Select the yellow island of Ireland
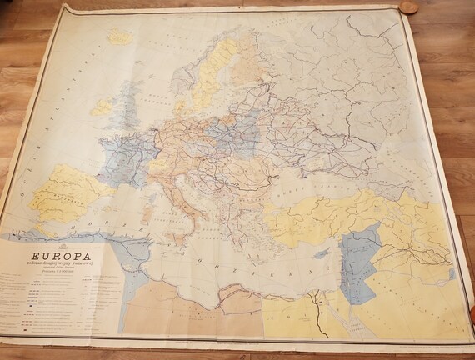102,107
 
